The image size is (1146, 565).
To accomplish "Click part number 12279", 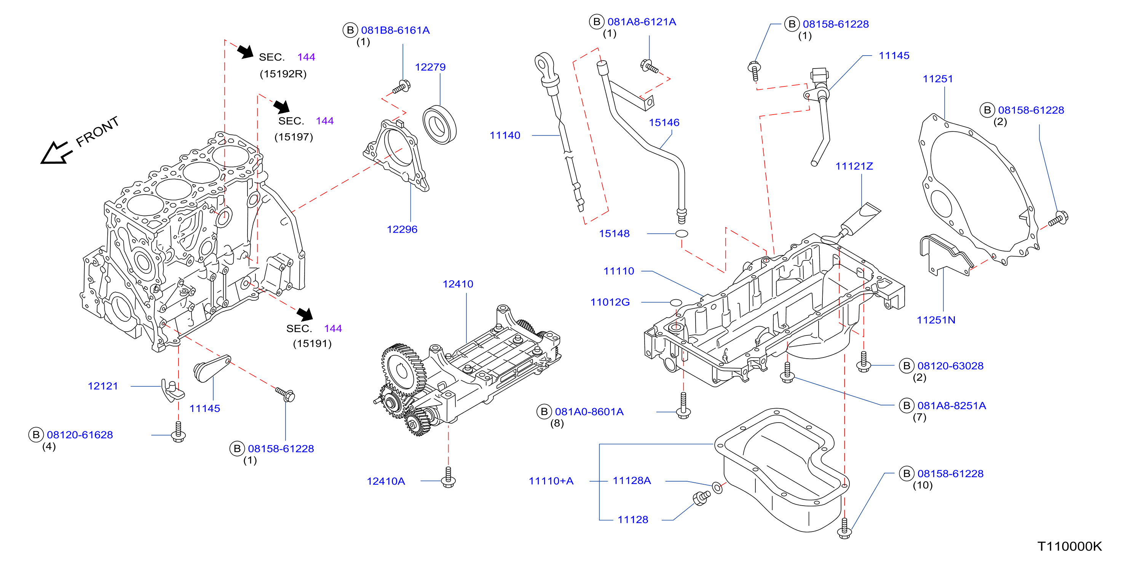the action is point(430,67).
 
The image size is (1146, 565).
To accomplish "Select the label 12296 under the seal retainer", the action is point(402,230).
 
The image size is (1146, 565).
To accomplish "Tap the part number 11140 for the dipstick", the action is point(504,135).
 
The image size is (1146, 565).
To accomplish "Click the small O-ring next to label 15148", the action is point(681,233).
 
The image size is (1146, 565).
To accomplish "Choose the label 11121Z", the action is point(854,166).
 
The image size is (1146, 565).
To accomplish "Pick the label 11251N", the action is point(935,320).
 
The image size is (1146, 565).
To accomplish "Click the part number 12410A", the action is point(385,481).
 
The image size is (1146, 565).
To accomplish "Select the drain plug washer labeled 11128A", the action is point(717,487).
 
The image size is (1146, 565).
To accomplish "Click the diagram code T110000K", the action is point(1069,546).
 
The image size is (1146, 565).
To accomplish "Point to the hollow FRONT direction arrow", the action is point(56,153).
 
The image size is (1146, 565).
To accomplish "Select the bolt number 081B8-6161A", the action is point(395,30).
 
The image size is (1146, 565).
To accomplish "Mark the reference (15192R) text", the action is point(283,74).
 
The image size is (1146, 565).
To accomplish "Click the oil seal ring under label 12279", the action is point(439,125).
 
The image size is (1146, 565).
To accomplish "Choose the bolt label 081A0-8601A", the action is point(589,412).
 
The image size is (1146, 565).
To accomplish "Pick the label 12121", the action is point(103,386).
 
